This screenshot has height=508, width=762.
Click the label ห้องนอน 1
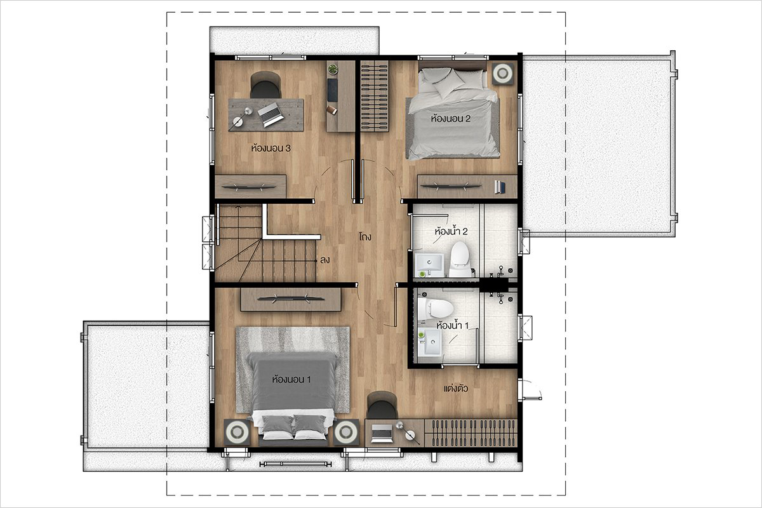click(291, 379)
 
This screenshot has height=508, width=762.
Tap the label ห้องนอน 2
click(451, 119)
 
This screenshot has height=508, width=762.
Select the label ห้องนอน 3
click(271, 149)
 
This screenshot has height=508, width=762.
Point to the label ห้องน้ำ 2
click(451, 231)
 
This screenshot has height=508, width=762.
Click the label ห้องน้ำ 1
click(452, 325)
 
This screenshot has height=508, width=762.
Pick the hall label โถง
click(365, 236)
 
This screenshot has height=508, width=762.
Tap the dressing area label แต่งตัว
click(456, 388)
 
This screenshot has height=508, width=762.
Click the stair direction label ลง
click(325, 260)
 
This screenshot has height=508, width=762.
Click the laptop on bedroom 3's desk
click(271, 114)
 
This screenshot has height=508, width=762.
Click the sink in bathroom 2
click(429, 265)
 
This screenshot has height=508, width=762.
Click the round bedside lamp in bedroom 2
click(502, 73)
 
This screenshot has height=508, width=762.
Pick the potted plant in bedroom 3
click(333, 69)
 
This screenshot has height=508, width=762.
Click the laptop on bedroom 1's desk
click(382, 433)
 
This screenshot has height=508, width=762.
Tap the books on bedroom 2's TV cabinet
click(500, 187)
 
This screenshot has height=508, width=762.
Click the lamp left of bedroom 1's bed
click(237, 432)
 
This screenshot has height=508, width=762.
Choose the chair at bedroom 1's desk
click(382, 405)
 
